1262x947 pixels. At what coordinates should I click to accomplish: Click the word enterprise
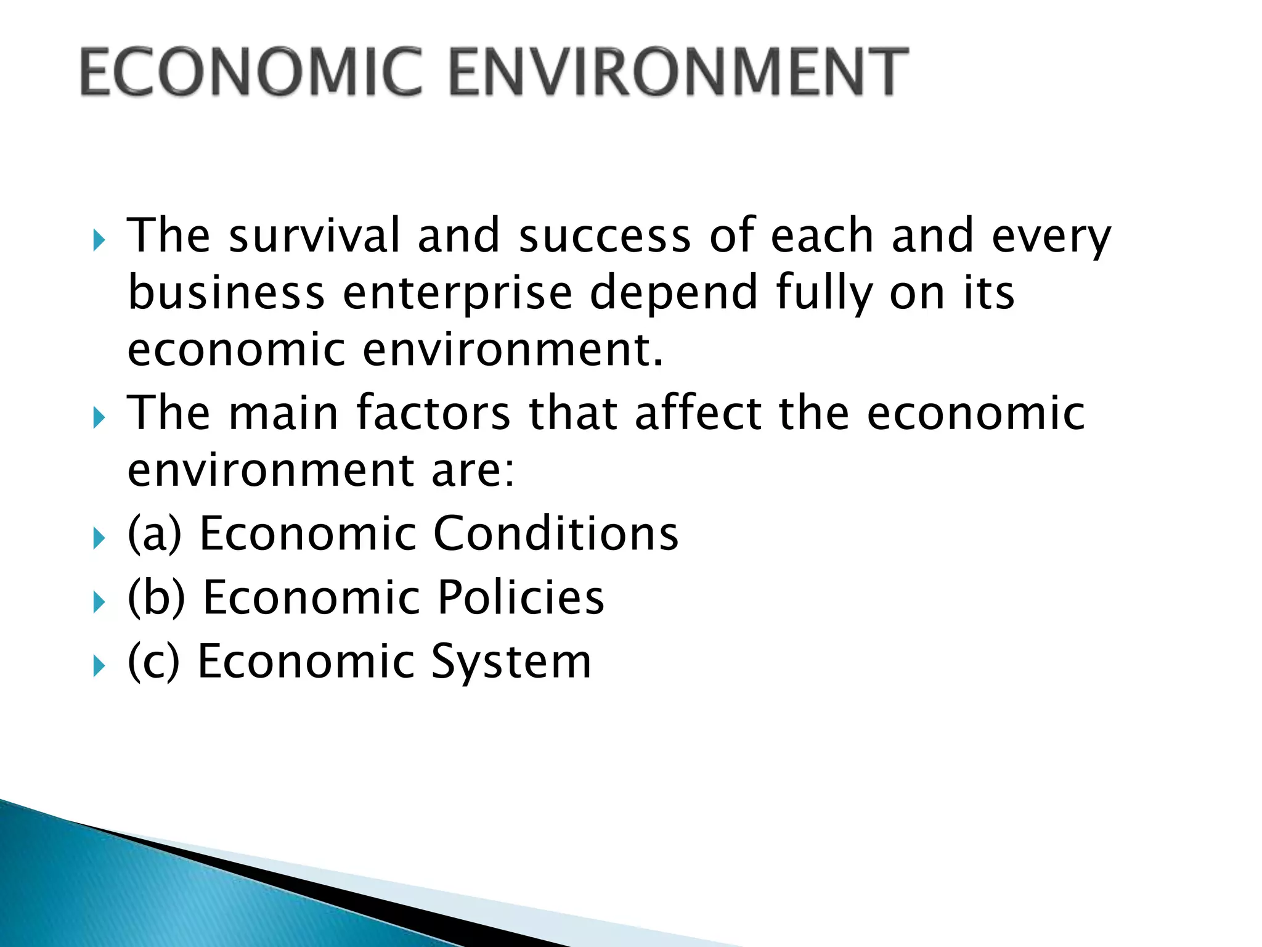tap(457, 293)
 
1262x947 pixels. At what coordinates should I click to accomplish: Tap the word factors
tap(433, 412)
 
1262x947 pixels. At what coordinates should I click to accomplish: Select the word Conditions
tap(556, 533)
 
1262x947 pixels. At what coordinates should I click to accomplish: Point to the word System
tap(511, 662)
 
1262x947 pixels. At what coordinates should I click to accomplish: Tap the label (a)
tap(155, 533)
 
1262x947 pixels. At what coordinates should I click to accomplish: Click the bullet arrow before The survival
tap(99, 240)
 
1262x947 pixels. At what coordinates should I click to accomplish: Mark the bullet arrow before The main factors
tap(99, 418)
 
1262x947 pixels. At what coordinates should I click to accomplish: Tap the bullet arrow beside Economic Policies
tap(99, 602)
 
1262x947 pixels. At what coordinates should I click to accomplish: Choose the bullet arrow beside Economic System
tap(99, 666)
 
